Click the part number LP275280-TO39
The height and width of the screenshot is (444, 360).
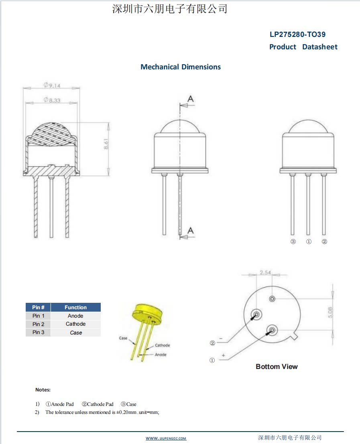click(x=297, y=34)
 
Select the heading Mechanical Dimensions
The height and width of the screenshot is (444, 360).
click(x=181, y=67)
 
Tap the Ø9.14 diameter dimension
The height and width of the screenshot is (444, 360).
click(x=52, y=85)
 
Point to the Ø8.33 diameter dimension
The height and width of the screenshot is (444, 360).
click(x=52, y=99)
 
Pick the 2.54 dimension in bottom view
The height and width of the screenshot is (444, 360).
click(x=265, y=273)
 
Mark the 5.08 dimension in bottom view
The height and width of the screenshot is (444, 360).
click(x=329, y=312)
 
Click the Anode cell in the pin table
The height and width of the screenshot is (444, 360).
click(x=75, y=316)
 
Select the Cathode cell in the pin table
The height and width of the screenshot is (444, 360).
click(x=75, y=324)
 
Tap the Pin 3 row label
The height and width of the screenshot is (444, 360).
click(x=39, y=332)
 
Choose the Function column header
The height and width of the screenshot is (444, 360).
click(x=75, y=308)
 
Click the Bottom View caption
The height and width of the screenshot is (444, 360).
click(x=277, y=367)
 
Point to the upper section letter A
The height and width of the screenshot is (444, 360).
click(x=191, y=99)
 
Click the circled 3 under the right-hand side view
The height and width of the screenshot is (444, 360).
click(x=293, y=242)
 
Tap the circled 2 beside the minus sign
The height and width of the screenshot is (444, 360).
click(x=212, y=343)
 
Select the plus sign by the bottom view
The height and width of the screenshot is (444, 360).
click(x=223, y=355)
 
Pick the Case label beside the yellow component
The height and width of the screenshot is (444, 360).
click(x=123, y=338)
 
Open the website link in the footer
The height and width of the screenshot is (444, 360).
click(x=166, y=438)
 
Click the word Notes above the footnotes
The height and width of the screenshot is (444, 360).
click(x=43, y=390)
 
